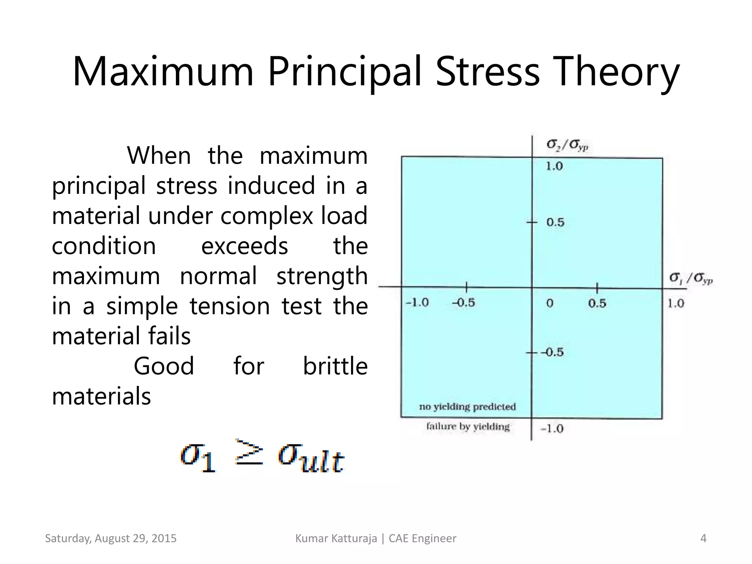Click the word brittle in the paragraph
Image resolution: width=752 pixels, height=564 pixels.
[335, 366]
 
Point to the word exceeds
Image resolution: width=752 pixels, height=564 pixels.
[245, 246]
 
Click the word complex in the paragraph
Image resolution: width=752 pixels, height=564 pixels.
[267, 216]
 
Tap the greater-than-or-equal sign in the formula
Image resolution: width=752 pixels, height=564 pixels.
[249, 452]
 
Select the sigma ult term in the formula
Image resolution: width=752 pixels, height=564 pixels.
[311, 458]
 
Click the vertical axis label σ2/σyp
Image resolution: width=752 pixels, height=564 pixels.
[567, 145]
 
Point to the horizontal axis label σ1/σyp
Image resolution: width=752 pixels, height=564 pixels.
[691, 278]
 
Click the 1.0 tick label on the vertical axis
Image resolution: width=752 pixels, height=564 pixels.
[554, 166]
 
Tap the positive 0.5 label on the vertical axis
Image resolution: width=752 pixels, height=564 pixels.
[555, 222]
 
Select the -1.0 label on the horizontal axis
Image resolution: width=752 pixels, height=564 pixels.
[417, 303]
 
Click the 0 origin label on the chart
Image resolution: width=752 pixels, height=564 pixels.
[550, 303]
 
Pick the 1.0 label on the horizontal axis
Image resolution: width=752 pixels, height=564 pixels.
[676, 303]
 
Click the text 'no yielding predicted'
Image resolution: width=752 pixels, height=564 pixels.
[467, 406]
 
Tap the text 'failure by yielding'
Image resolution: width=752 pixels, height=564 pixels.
[468, 426]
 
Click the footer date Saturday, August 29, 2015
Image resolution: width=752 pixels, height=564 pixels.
[111, 538]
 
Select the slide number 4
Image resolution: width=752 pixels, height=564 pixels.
[703, 538]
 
